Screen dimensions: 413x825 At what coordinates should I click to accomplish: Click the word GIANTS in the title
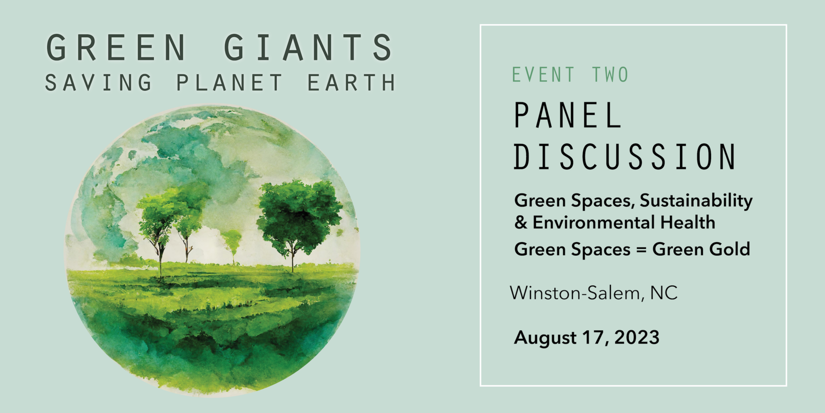pyautogui.click(x=308, y=48)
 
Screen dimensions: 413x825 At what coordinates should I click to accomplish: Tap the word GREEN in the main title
pyautogui.click(x=116, y=48)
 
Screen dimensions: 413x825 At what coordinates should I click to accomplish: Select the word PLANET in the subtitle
pyautogui.click(x=229, y=83)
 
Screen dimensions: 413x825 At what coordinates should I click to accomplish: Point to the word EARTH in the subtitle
pyautogui.click(x=351, y=83)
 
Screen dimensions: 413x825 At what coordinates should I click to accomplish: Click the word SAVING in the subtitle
pyautogui.click(x=98, y=83)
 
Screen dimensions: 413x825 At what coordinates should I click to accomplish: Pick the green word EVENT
pyautogui.click(x=543, y=75)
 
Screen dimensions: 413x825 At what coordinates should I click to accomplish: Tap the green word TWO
pyautogui.click(x=610, y=75)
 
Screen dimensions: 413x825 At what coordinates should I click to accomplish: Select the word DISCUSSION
pyautogui.click(x=625, y=156)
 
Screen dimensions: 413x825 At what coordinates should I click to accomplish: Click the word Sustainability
pyautogui.click(x=696, y=201)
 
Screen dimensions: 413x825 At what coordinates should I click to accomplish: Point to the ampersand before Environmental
pyautogui.click(x=521, y=223)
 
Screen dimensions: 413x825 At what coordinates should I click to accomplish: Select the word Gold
pyautogui.click(x=730, y=249)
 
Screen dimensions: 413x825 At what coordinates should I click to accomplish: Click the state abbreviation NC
pyautogui.click(x=664, y=293)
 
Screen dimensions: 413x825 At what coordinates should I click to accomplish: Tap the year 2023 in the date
pyautogui.click(x=637, y=337)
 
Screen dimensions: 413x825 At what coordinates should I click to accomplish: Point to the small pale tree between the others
pyautogui.click(x=232, y=240)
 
